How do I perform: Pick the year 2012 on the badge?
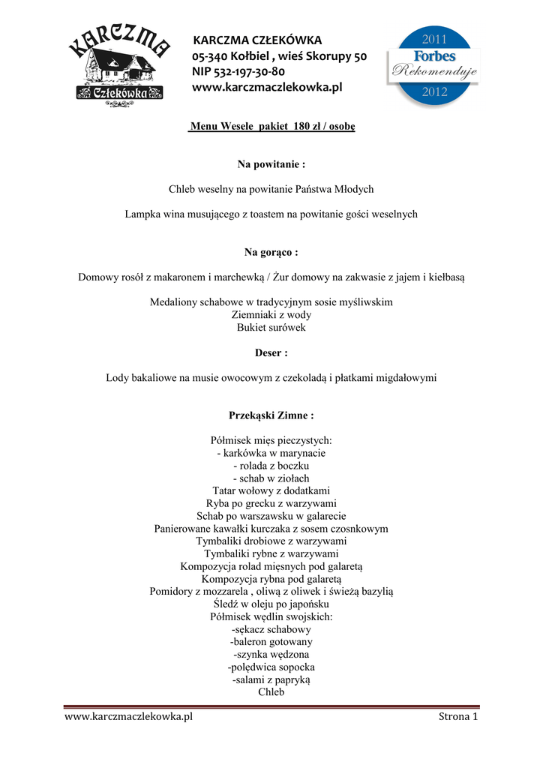[x=434, y=92]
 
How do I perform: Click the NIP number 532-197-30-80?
[x=238, y=72]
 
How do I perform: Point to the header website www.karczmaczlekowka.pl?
[x=267, y=88]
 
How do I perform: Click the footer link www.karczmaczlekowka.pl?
[x=129, y=716]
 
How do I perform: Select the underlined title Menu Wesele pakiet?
[x=271, y=127]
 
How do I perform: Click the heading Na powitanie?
[x=271, y=163]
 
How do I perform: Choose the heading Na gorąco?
[x=271, y=252]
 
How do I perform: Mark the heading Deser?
[x=271, y=352]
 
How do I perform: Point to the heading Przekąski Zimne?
[x=271, y=415]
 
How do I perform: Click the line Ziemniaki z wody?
[x=271, y=315]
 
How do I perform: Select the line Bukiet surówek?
[x=271, y=328]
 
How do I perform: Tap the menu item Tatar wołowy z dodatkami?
[x=271, y=490]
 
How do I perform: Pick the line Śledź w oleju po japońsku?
[x=271, y=604]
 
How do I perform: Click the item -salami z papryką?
[x=271, y=679]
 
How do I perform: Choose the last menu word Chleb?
[x=271, y=692]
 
